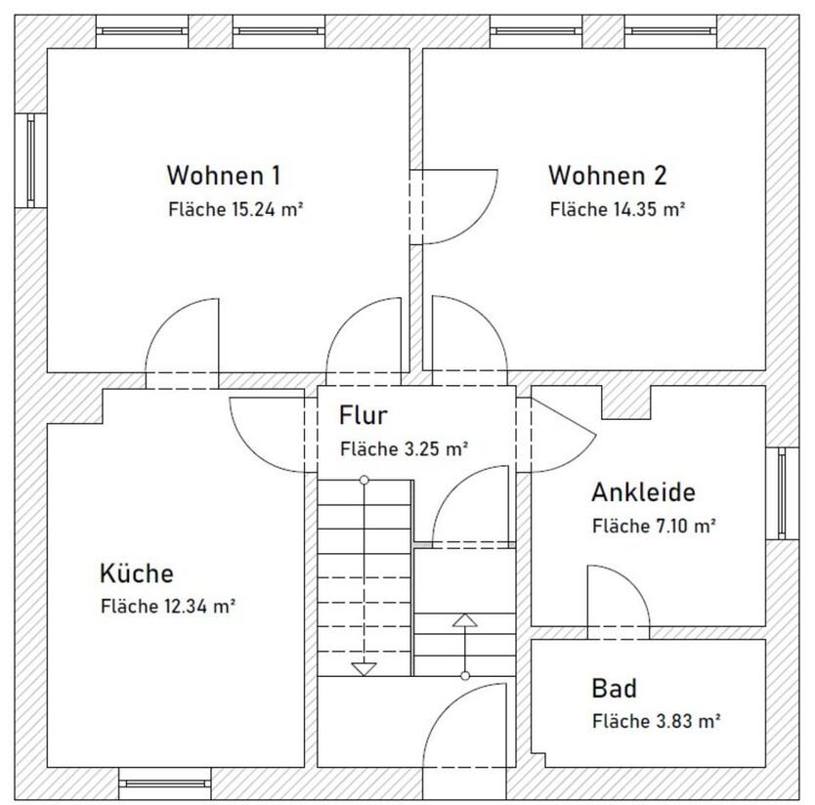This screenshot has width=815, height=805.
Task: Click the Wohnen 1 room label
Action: [224, 176]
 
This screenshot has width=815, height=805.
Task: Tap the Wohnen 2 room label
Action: [607, 176]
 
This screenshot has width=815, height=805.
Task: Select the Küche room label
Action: [136, 572]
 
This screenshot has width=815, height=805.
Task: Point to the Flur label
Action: [364, 415]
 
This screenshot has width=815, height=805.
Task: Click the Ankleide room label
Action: [643, 492]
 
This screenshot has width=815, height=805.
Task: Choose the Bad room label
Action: [615, 689]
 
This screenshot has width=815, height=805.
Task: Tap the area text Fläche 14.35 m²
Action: [617, 209]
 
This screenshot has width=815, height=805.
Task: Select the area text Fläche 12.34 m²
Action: [167, 606]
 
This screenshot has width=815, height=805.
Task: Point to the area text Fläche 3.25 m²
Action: [404, 449]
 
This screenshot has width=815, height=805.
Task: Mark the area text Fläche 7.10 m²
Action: [655, 526]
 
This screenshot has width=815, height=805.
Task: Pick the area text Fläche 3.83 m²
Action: [656, 722]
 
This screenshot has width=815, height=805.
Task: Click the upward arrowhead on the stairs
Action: [464, 620]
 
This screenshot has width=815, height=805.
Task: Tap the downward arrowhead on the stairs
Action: [364, 669]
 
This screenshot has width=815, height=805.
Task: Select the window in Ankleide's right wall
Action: [782, 492]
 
